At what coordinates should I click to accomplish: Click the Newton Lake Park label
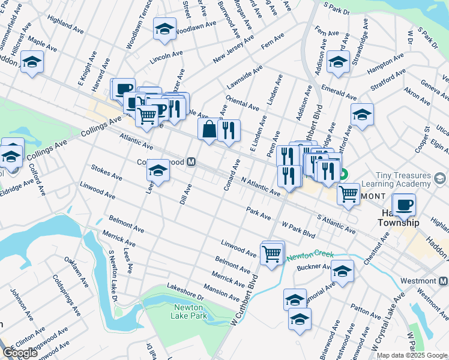190,311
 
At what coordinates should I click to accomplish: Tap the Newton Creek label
309,256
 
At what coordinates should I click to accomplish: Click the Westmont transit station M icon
443,281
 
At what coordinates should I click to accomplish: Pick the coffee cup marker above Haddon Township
403,205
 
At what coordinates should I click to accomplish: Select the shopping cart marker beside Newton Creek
272,253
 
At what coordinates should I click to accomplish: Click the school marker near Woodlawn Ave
164,29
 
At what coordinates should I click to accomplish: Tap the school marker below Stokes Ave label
158,171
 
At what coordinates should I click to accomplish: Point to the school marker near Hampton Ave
338,62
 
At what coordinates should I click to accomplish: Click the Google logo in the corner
19,353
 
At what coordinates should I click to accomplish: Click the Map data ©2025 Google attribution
412,355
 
